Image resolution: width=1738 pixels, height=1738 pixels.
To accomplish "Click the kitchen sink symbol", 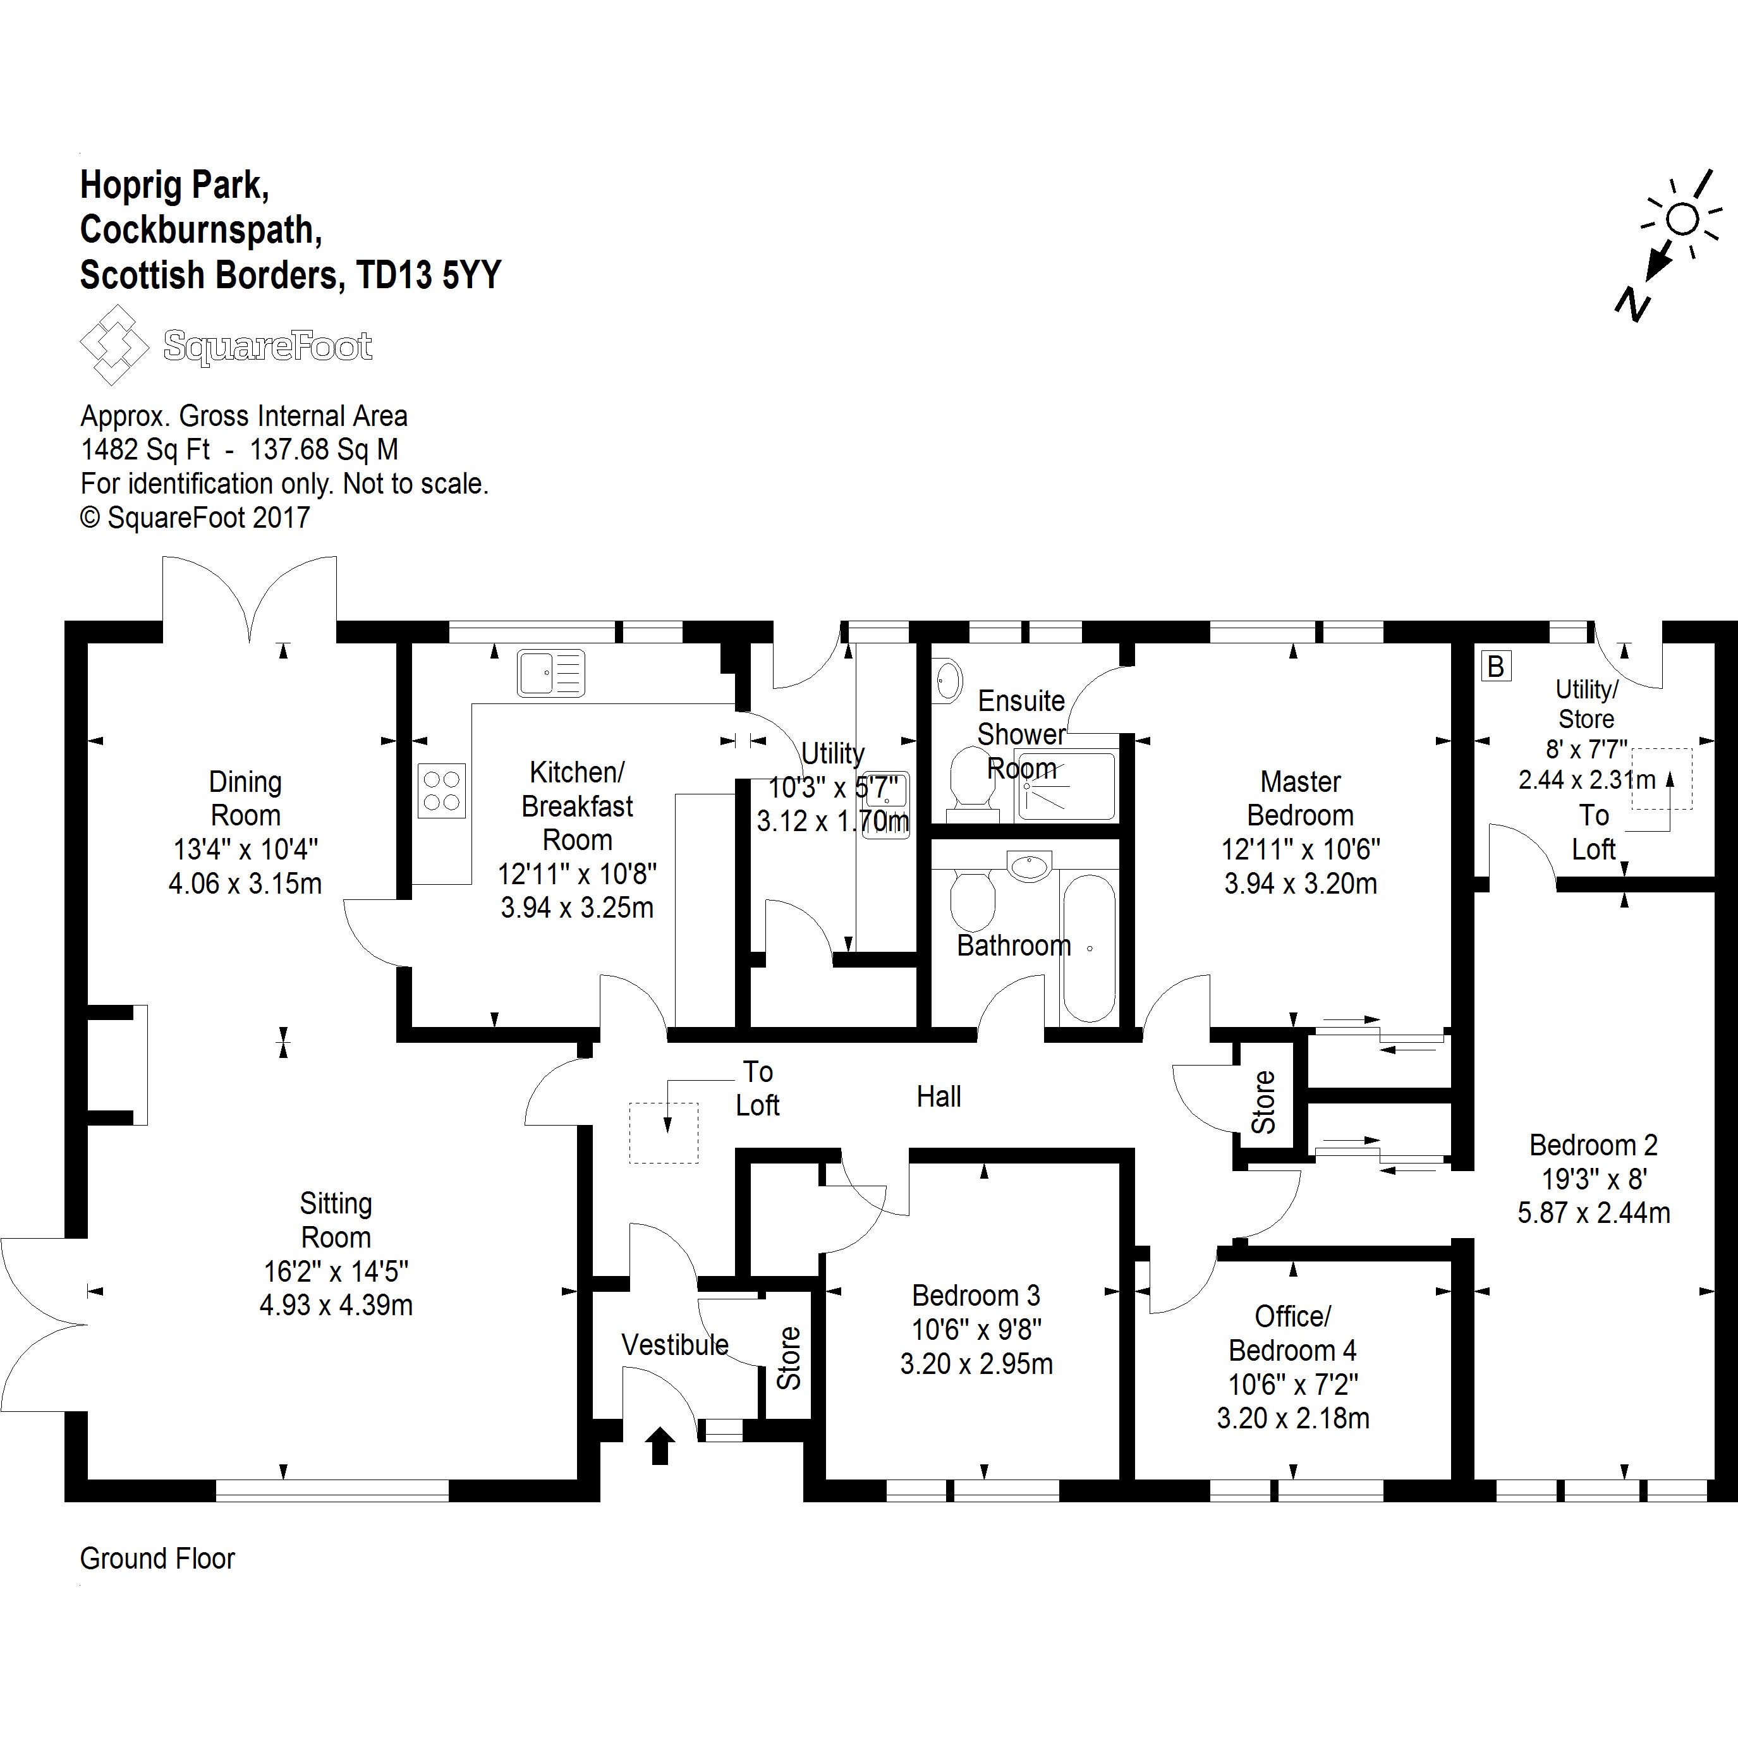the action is point(550,673).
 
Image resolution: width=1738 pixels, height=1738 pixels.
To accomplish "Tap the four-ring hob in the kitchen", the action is point(442,790).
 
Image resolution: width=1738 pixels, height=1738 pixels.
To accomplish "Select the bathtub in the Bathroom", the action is point(1088,947).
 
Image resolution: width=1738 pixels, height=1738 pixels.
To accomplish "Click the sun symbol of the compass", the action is point(1681,219).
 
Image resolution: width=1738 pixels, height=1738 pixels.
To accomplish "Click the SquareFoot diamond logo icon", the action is point(114,344).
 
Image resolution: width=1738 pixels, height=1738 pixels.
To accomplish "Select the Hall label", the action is point(939,1096).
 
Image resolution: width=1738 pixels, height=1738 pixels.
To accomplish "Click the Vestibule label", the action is point(675,1344).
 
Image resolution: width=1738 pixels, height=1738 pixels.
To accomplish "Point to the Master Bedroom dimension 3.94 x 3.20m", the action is point(1300,884).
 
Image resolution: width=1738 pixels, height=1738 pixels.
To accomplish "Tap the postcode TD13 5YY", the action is point(428,274).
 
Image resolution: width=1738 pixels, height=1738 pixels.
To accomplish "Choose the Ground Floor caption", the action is point(157,1558).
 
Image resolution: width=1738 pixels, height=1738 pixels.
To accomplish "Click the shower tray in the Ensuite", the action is point(1067,786).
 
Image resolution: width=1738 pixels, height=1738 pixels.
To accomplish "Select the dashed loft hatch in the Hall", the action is point(664,1133).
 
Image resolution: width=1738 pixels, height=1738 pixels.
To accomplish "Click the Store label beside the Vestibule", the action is point(788,1358).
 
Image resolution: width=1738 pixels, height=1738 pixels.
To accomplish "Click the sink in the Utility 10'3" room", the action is point(886,805).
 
